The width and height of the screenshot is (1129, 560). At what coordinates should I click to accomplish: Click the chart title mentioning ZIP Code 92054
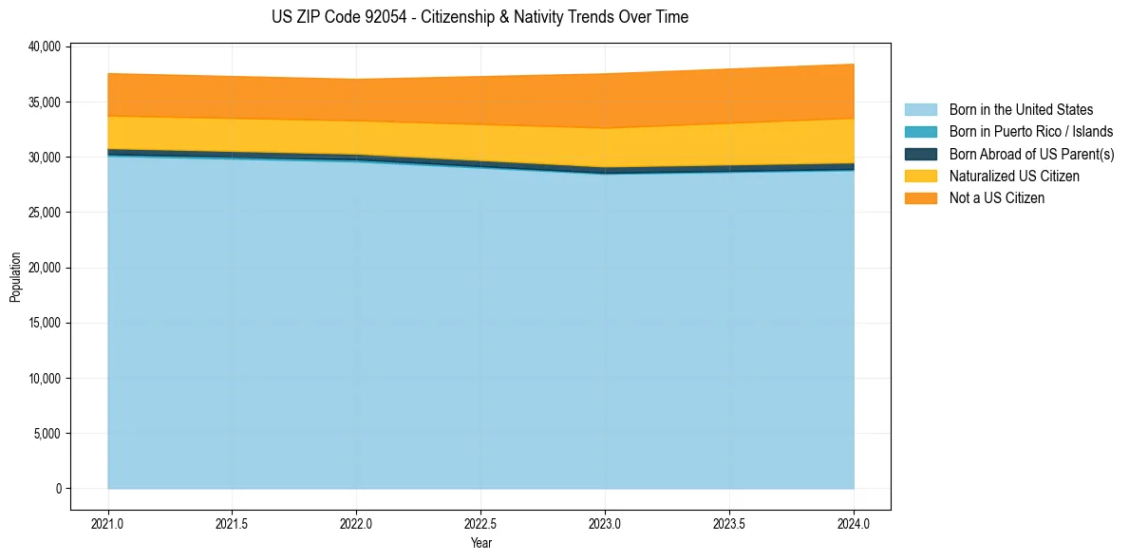click(x=480, y=17)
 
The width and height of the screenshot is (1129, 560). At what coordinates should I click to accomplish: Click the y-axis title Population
click(x=15, y=277)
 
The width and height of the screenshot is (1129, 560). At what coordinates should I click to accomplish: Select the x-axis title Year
click(x=480, y=543)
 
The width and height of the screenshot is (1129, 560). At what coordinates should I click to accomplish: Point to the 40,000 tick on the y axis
click(x=44, y=47)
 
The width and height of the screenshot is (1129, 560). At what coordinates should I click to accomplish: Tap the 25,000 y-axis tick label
click(x=44, y=213)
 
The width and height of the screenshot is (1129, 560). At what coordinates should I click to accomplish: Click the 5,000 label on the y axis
click(x=47, y=434)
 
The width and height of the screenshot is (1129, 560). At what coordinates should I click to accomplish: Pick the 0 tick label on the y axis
click(x=57, y=489)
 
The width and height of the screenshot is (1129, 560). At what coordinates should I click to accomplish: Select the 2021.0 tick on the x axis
click(x=108, y=523)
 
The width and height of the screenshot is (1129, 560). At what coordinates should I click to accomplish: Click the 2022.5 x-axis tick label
click(x=480, y=523)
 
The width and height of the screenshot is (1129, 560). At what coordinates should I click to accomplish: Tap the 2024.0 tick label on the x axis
click(x=854, y=523)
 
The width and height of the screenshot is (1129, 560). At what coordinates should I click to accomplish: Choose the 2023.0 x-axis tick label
click(x=605, y=523)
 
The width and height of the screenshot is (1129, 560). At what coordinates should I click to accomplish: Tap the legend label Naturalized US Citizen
click(x=1014, y=177)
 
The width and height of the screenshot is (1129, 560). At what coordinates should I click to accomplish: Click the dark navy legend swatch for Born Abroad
click(x=920, y=154)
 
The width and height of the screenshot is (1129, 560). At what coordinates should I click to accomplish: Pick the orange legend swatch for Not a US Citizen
click(x=920, y=198)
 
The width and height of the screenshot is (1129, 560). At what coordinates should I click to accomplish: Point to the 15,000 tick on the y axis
click(x=44, y=323)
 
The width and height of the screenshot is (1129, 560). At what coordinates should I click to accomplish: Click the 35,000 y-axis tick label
click(x=44, y=102)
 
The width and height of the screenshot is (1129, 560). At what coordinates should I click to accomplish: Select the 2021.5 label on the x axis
click(x=233, y=523)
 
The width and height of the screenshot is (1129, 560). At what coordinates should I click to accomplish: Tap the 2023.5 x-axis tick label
click(x=729, y=523)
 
